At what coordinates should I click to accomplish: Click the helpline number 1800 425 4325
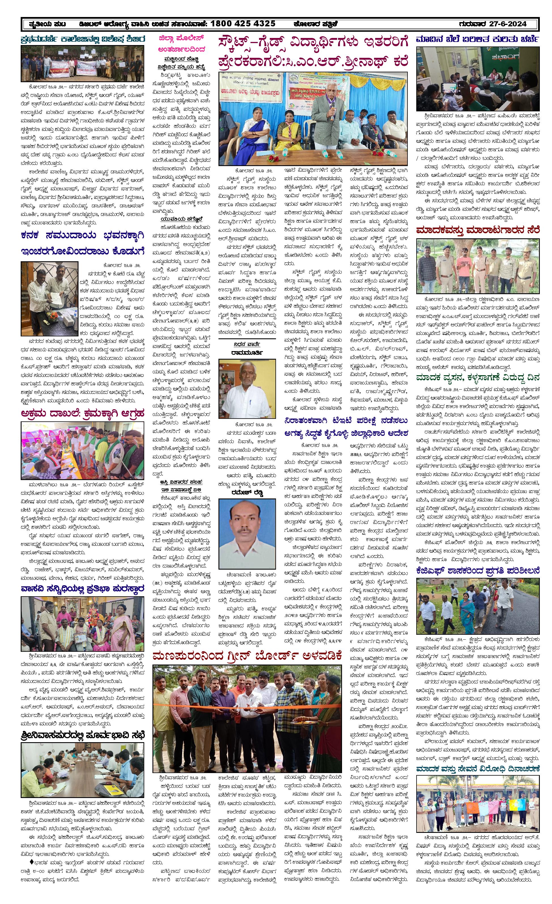(x=243, y=24)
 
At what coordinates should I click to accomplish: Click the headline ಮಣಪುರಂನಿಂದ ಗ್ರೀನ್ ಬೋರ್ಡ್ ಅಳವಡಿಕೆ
(x=247, y=656)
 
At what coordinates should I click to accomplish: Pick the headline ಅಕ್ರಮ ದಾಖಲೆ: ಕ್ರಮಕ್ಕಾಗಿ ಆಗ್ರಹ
(x=82, y=413)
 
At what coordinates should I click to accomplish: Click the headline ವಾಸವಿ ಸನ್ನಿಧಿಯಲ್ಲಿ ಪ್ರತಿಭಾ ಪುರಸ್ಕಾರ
(x=82, y=589)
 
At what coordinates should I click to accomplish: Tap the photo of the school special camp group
(x=82, y=63)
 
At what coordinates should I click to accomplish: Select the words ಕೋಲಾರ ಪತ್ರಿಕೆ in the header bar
(x=315, y=24)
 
